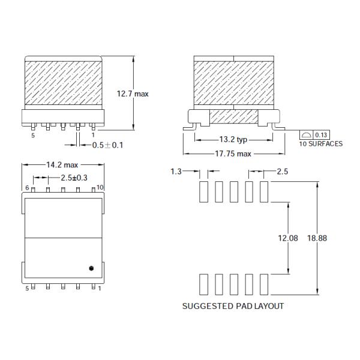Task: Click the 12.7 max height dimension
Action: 133,94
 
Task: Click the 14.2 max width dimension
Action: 62,164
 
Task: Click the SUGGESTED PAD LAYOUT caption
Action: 233,305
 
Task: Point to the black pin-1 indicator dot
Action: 91,268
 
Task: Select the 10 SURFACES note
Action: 321,144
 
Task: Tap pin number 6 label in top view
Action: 28,188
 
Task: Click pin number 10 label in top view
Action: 100,188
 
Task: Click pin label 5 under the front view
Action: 33,136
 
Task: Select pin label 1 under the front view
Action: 93,136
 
